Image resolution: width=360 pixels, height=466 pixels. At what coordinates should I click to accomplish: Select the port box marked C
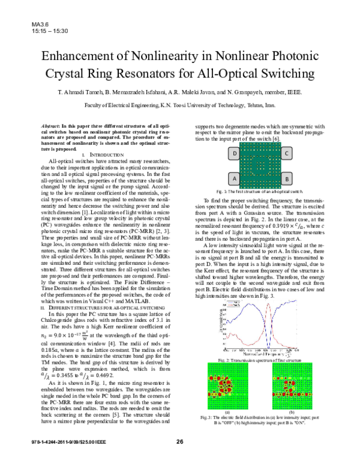pyautogui.click(x=287, y=153)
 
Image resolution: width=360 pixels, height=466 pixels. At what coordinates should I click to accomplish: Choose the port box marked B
pyautogui.click(x=287, y=178)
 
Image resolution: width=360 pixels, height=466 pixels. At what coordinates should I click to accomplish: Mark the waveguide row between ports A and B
pyautogui.click(x=260, y=180)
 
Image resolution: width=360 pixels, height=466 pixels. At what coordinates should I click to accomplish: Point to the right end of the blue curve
pyautogui.click(x=296, y=300)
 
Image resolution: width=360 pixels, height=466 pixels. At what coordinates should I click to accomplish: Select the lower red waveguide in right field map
pyautogui.click(x=292, y=394)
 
